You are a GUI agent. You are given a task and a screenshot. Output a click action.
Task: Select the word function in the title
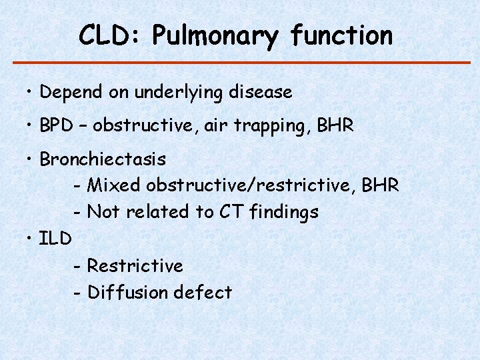click(342, 35)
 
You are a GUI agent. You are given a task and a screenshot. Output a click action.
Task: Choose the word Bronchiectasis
click(103, 159)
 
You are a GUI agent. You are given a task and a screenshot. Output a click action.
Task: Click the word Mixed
click(114, 185)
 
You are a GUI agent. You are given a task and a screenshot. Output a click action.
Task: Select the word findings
click(284, 213)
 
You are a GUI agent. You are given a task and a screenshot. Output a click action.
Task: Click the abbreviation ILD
click(55, 238)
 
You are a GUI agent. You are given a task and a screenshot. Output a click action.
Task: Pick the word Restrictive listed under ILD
click(135, 265)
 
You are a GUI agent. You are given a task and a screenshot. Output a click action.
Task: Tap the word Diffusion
click(128, 292)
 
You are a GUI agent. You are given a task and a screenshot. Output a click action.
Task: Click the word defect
click(203, 292)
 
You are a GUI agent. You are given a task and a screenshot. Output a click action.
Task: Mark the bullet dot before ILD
click(31, 239)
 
